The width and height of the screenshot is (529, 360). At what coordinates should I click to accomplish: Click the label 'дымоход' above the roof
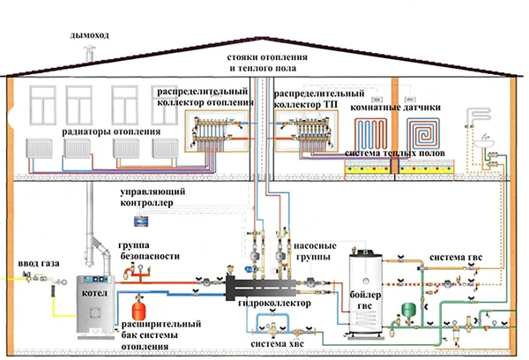tap(89, 35)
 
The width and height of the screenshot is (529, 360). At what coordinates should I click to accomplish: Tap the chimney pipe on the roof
tap(89, 55)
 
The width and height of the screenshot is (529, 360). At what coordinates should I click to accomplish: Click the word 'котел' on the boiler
tap(94, 293)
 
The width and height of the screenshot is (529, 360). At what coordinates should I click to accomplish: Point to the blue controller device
tap(141, 221)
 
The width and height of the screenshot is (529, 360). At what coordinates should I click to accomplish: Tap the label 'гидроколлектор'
tap(274, 304)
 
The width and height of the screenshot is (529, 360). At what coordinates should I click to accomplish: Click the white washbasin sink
tap(484, 143)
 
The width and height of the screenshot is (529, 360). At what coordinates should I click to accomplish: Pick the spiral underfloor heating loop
tap(422, 134)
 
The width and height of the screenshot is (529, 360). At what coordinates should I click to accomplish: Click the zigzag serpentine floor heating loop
tap(370, 134)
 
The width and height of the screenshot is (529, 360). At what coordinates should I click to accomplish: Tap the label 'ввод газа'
tap(39, 264)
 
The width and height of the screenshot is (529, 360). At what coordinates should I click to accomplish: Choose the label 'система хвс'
tap(277, 344)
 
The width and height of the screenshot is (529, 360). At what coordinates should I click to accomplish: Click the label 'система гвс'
tap(456, 258)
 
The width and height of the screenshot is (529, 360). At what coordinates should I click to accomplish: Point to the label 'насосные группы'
tap(315, 251)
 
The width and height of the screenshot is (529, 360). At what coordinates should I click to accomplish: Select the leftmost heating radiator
tap(39, 148)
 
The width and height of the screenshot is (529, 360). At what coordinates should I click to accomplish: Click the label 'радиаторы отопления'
tap(111, 131)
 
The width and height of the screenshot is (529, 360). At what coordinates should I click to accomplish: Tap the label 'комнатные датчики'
tap(395, 108)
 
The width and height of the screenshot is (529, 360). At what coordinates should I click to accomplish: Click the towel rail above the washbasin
tap(478, 116)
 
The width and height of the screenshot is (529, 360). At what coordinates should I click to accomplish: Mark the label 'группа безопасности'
tap(150, 251)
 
